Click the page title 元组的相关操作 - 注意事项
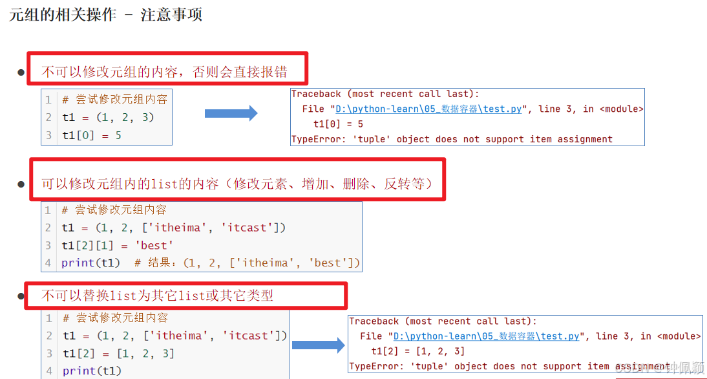(x=106, y=14)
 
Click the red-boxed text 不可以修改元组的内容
(x=164, y=71)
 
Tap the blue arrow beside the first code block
(x=231, y=114)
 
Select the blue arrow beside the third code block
(x=319, y=345)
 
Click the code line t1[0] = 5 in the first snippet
(x=91, y=135)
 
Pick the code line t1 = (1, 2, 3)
(x=108, y=117)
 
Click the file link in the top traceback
(x=428, y=109)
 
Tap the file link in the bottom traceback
(x=486, y=336)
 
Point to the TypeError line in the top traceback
(x=452, y=139)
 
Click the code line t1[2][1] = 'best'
(x=117, y=245)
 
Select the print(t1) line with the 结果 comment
(x=211, y=263)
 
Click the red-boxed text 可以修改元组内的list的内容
(x=237, y=184)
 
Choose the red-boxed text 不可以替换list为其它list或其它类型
(x=157, y=296)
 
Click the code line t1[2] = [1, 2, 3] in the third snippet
(x=118, y=353)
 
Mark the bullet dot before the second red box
(x=21, y=184)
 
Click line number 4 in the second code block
(x=48, y=263)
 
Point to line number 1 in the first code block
(x=48, y=100)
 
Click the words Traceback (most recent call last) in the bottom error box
(x=443, y=321)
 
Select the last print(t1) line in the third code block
(x=92, y=371)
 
